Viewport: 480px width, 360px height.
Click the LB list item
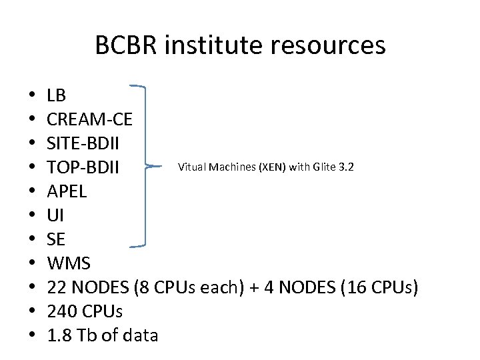click(x=57, y=96)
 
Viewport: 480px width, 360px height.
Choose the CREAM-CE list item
click(x=90, y=119)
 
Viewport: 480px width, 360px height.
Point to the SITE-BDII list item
click(x=84, y=143)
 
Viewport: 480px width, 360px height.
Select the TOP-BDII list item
click(x=83, y=167)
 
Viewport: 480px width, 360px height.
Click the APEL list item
click(x=67, y=191)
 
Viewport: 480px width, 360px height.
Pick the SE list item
click(x=57, y=239)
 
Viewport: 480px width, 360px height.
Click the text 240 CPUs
click(x=85, y=311)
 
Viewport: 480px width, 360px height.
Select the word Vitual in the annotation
click(x=193, y=166)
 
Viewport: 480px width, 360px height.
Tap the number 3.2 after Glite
click(x=346, y=166)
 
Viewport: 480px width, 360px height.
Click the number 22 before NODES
click(x=57, y=287)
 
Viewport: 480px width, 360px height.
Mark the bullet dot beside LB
click(x=31, y=97)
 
